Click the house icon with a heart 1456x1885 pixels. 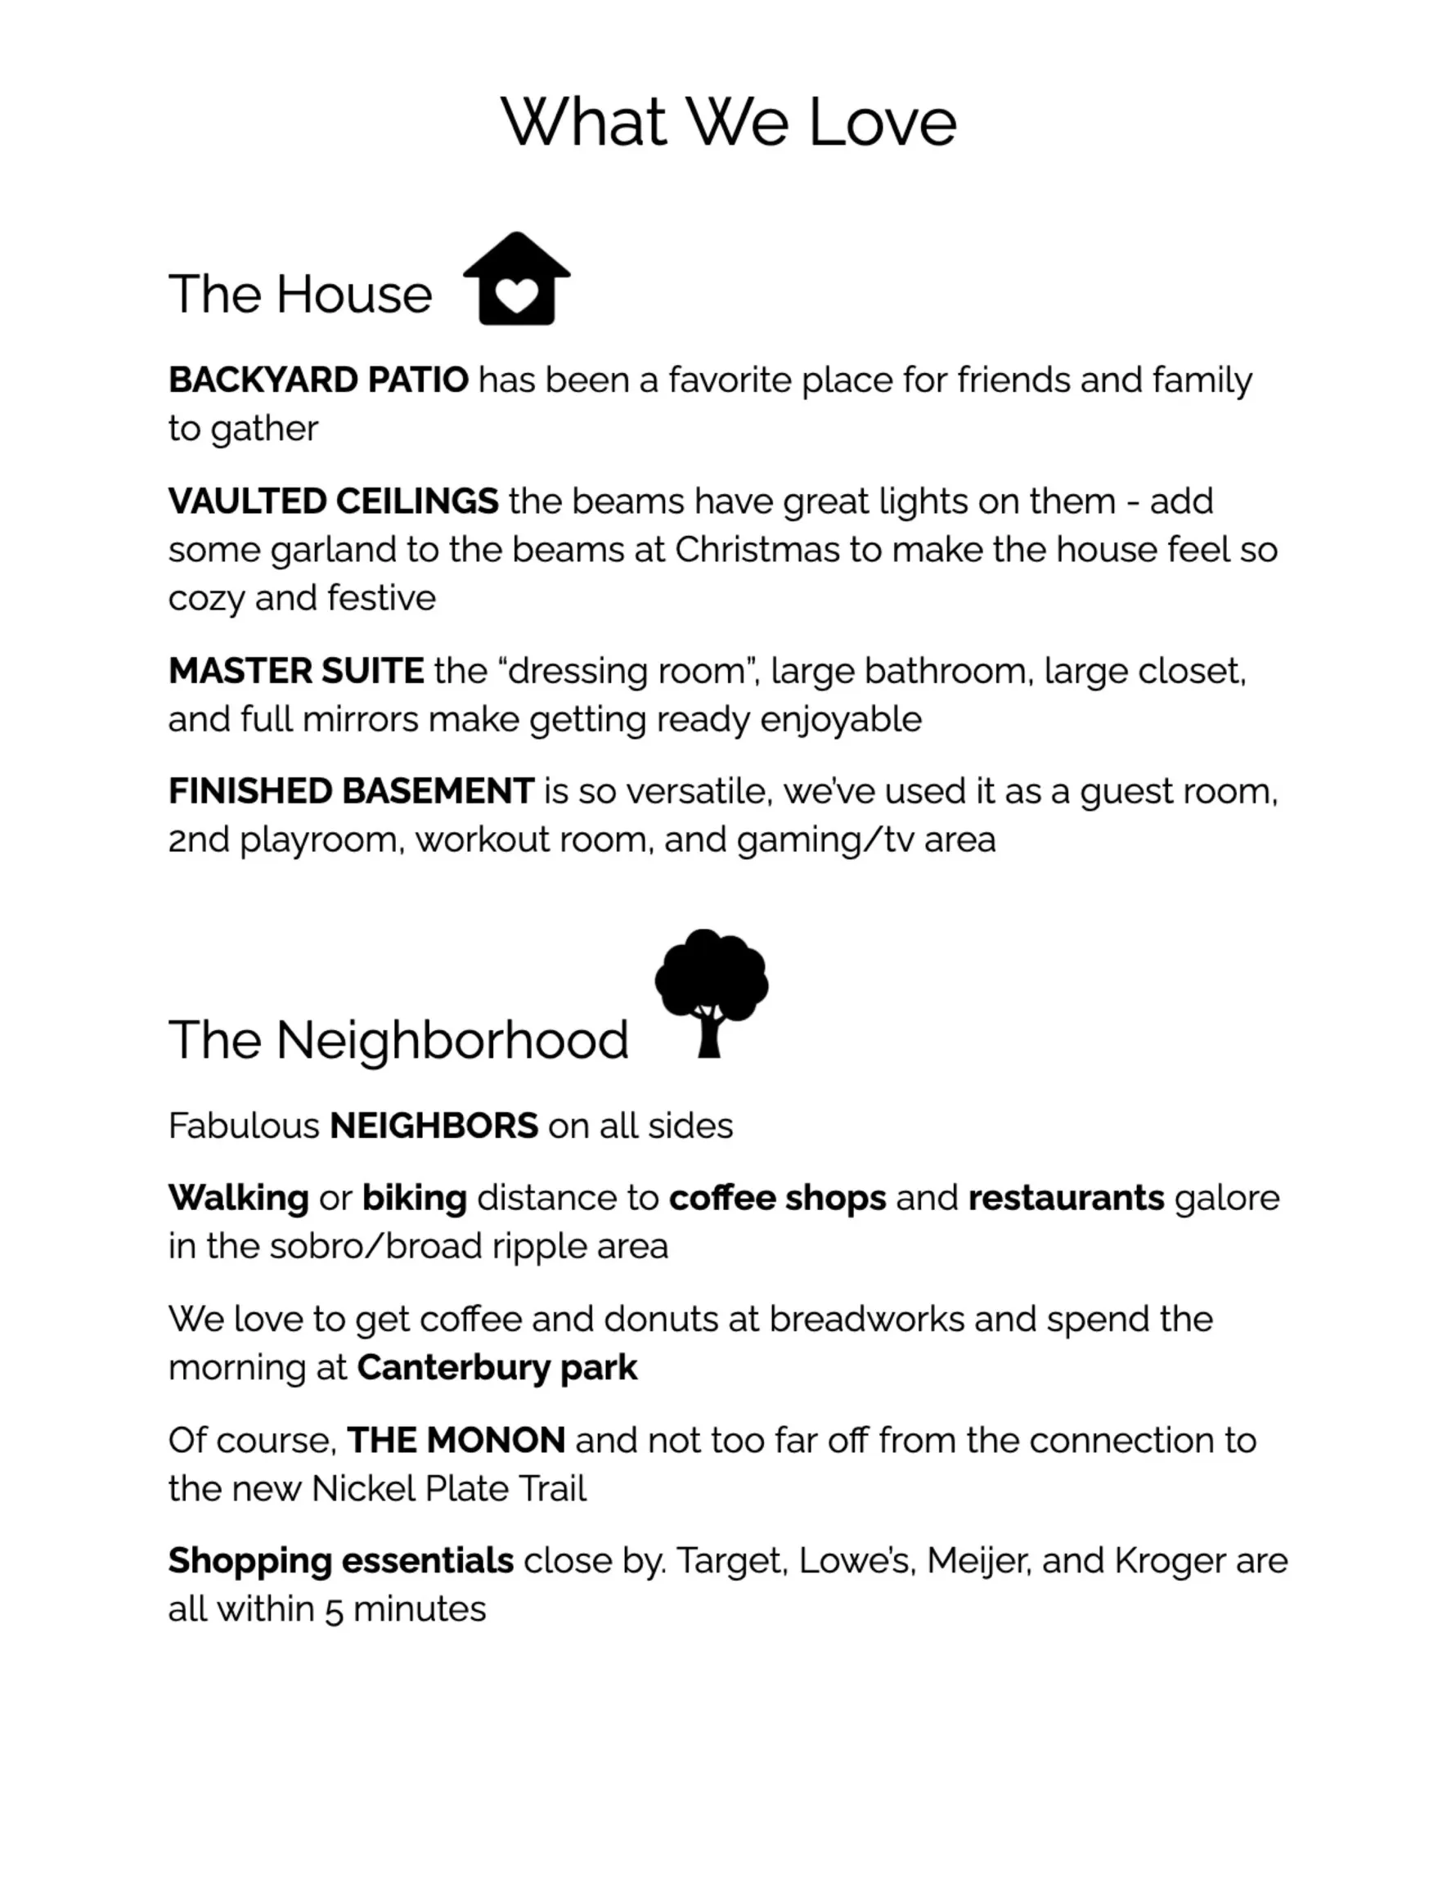click(x=516, y=279)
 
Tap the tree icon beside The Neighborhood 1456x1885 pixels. click(x=711, y=992)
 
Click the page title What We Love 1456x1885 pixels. click(x=727, y=122)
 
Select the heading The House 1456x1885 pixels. click(x=299, y=295)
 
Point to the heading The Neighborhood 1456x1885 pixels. click(x=398, y=1039)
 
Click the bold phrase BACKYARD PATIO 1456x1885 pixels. click(x=317, y=380)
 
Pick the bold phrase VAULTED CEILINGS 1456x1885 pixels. click(x=332, y=502)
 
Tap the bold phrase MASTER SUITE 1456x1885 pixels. click(x=295, y=672)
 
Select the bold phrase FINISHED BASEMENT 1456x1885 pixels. click(x=350, y=791)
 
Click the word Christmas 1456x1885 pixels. click(x=756, y=550)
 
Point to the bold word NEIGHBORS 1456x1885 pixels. click(x=434, y=1127)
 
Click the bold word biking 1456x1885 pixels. click(x=414, y=1198)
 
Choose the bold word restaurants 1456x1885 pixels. click(x=1066, y=1198)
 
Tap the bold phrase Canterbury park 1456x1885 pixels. click(x=497, y=1368)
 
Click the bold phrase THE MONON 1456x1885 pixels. click(x=456, y=1441)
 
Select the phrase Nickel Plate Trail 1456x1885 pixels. click(x=449, y=1489)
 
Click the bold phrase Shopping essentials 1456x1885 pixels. click(x=341, y=1561)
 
